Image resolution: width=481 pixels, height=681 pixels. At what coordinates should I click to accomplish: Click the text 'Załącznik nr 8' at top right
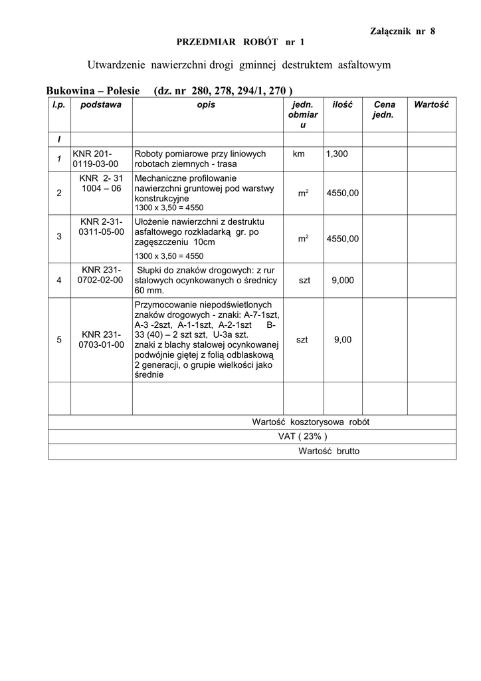tap(402, 31)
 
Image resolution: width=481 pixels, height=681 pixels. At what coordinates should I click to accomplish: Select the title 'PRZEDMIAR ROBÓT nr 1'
tap(240, 42)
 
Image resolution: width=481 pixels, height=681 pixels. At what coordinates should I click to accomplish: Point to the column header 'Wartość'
tap(431, 105)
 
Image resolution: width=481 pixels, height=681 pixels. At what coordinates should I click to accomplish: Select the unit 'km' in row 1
tap(298, 154)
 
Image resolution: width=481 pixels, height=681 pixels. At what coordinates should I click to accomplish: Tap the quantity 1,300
tap(336, 154)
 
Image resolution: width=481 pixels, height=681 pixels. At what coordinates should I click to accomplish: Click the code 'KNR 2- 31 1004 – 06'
tap(101, 184)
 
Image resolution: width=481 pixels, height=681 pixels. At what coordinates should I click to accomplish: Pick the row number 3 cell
tap(59, 236)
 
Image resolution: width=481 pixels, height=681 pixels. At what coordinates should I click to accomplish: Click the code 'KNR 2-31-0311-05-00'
tap(101, 227)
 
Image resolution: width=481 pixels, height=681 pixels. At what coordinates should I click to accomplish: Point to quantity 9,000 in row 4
tap(342, 280)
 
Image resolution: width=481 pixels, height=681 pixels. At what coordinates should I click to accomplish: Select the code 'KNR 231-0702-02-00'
tap(101, 275)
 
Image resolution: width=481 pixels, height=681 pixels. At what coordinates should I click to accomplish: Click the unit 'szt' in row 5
tap(302, 340)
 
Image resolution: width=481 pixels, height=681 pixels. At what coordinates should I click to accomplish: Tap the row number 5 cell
tap(59, 340)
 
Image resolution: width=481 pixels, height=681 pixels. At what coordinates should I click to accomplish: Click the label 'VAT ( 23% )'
tap(302, 436)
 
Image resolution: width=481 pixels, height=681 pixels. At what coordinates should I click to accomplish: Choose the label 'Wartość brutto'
tap(329, 451)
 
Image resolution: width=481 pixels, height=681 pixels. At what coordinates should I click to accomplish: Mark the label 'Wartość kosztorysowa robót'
tap(310, 422)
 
